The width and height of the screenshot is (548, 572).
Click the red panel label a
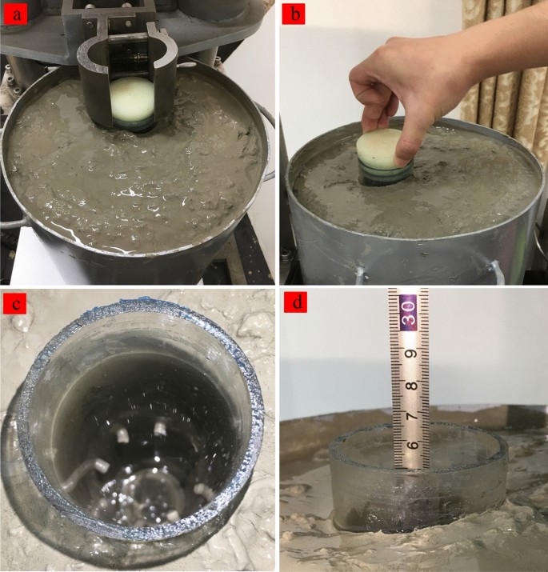[16, 16]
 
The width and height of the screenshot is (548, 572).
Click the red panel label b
[294, 14]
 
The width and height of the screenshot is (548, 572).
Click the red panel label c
[15, 304]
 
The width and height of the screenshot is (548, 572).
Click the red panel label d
[296, 302]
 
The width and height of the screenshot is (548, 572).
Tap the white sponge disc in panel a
[132, 98]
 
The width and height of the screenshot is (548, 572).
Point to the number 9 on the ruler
[410, 354]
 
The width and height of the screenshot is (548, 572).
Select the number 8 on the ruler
[412, 386]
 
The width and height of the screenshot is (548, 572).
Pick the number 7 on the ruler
[411, 416]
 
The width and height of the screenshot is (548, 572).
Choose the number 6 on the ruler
[412, 445]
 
